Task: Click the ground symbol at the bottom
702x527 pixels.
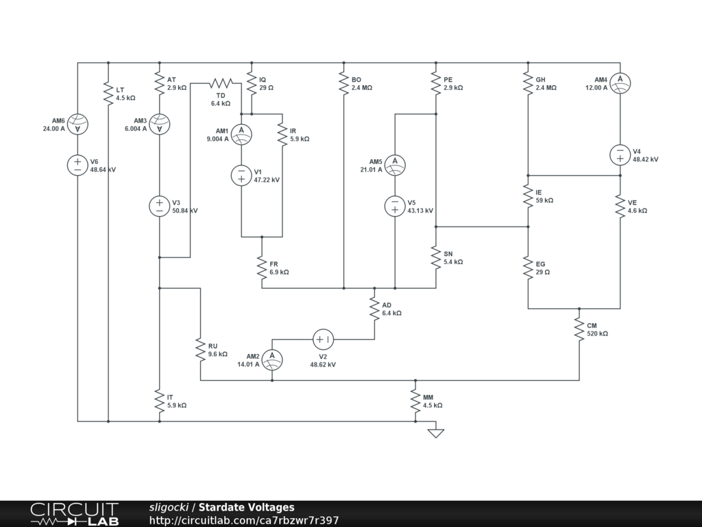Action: click(x=435, y=432)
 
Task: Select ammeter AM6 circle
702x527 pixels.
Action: click(x=77, y=124)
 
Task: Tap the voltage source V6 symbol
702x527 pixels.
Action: click(x=77, y=165)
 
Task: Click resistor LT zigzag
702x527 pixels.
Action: click(x=108, y=93)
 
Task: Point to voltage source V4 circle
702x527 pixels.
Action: click(x=620, y=154)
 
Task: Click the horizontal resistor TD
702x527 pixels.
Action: click(x=221, y=83)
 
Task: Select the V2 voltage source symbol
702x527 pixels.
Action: click(x=323, y=339)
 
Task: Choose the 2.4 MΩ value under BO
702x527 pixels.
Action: click(x=362, y=88)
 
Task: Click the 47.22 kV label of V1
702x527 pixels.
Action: click(x=267, y=180)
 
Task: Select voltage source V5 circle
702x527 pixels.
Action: click(x=395, y=206)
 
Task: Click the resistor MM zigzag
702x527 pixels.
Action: click(x=415, y=401)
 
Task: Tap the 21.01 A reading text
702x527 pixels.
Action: click(x=371, y=170)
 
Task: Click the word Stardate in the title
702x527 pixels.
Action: click(x=222, y=508)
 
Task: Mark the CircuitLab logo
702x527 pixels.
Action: click(x=74, y=514)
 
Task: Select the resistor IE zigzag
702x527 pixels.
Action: click(x=528, y=196)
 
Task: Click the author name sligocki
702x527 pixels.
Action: click(x=169, y=508)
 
